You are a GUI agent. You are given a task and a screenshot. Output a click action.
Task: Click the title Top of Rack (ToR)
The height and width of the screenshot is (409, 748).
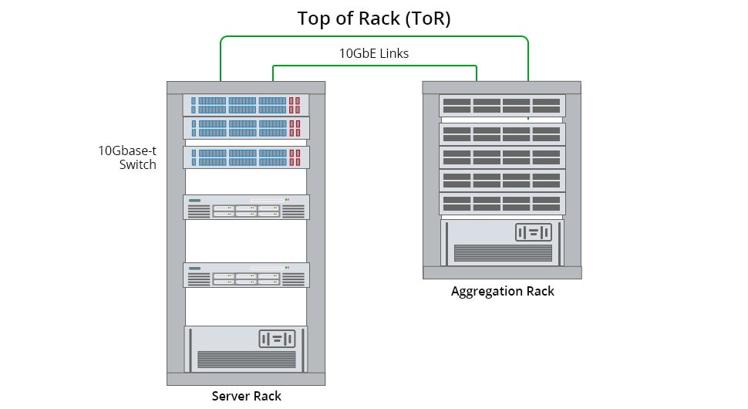coord(374,19)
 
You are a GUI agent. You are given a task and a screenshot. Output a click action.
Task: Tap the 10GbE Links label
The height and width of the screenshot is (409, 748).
coord(374,54)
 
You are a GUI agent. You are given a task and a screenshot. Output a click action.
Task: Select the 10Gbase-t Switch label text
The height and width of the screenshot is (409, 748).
coord(127,157)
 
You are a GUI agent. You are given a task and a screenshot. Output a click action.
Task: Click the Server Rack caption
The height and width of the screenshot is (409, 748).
coord(246,397)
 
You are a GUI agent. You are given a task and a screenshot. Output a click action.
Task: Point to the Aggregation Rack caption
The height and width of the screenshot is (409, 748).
coord(502,292)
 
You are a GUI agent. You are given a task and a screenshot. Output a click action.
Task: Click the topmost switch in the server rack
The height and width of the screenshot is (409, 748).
coord(246,105)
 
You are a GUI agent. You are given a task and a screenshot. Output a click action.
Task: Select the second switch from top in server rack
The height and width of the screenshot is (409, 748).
coord(246,127)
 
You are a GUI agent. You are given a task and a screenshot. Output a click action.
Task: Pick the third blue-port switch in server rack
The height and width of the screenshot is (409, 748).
coord(246,157)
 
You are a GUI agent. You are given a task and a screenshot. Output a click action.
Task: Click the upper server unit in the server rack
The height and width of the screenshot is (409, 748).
coord(246,207)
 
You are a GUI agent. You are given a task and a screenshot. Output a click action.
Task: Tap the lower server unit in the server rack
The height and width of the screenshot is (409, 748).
coord(246,275)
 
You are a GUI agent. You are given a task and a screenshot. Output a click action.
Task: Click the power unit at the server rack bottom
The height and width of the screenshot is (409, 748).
coord(246,349)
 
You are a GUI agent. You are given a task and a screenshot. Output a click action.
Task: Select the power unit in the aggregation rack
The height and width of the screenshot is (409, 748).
coord(503,242)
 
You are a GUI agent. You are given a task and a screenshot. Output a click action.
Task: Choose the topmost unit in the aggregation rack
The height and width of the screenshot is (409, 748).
coord(502,106)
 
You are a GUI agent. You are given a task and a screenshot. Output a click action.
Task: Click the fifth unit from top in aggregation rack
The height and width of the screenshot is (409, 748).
coord(502,204)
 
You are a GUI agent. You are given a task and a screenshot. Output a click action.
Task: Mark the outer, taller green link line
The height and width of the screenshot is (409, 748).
coord(374,35)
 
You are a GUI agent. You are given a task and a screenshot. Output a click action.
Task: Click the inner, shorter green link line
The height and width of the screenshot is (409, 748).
coord(374,66)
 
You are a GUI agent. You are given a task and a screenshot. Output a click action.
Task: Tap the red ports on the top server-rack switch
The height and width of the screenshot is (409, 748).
coord(295,105)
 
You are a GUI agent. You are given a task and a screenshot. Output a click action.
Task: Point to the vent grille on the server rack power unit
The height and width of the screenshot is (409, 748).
coord(246,359)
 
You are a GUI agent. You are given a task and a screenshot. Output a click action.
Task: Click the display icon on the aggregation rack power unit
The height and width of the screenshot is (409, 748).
coord(534,232)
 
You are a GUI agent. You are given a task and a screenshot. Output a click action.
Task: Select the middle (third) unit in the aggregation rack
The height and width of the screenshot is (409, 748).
coord(502,157)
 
